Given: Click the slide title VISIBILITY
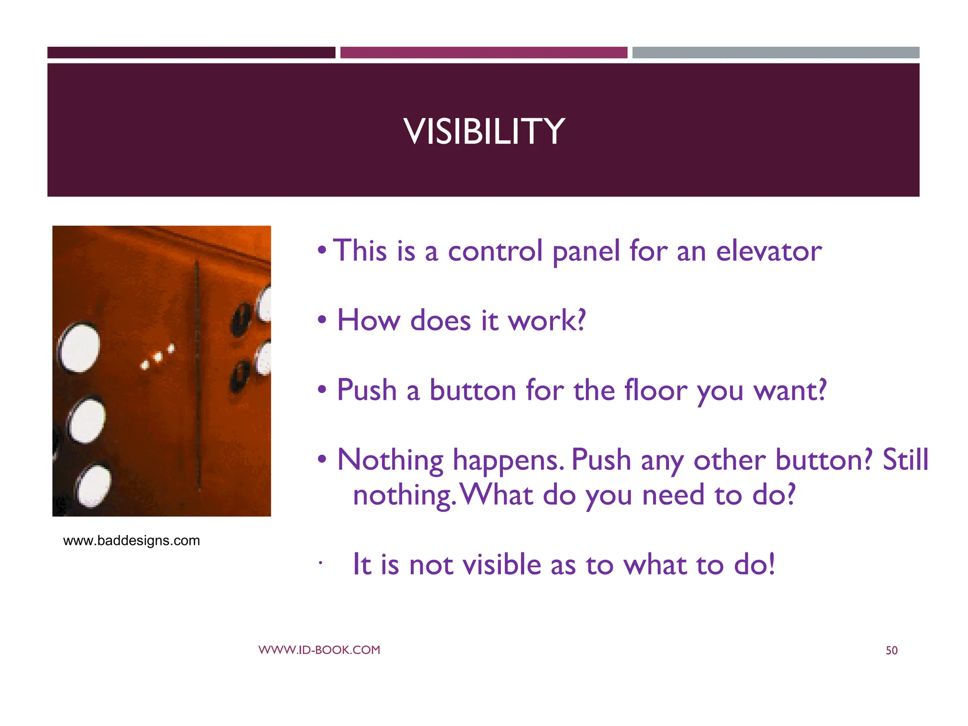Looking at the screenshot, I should tap(484, 131).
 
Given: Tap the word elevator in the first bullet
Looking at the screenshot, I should tap(769, 251).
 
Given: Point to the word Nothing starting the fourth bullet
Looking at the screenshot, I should tap(390, 460).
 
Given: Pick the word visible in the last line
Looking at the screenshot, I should tap(501, 564).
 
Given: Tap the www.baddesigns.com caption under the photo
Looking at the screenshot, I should tap(131, 540).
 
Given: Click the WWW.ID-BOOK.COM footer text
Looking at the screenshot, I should tap(319, 650).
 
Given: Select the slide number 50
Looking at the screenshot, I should tap(891, 651).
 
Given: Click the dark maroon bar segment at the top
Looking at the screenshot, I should tap(191, 52).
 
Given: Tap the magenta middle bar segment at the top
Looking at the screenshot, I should tap(484, 52).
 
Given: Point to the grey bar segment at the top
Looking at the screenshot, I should tap(776, 52).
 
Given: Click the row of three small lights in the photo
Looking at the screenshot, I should tap(158, 358).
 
